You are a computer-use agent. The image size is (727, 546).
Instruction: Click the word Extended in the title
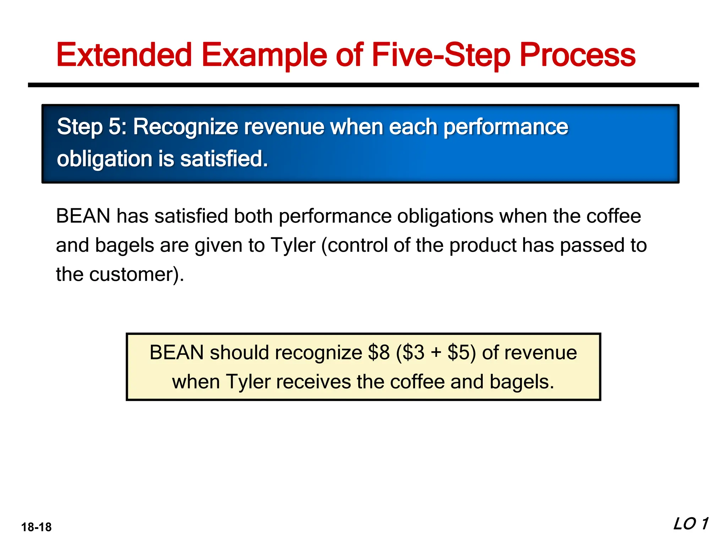click(x=124, y=55)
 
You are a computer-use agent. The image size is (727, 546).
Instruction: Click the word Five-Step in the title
click(x=441, y=55)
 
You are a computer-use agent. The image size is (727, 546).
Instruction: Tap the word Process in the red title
click(x=578, y=55)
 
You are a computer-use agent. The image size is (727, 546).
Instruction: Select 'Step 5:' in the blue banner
click(x=92, y=127)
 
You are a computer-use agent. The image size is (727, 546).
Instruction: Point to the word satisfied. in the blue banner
click(x=224, y=159)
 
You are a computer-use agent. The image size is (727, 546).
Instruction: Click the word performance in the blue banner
click(x=505, y=127)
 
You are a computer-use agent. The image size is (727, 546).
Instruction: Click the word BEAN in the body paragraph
click(x=83, y=216)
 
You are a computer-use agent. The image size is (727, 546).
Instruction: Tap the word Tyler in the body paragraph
click(x=293, y=245)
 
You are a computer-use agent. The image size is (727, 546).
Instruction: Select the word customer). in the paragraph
click(x=137, y=274)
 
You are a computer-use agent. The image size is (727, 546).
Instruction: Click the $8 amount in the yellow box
click(x=379, y=353)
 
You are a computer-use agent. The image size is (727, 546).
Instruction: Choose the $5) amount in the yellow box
click(x=461, y=353)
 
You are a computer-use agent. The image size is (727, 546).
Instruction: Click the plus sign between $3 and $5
click(x=436, y=353)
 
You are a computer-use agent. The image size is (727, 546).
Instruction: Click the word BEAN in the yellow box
click(x=176, y=353)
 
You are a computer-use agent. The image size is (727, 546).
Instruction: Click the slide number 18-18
click(x=36, y=527)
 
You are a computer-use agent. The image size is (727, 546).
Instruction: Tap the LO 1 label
click(x=690, y=524)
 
